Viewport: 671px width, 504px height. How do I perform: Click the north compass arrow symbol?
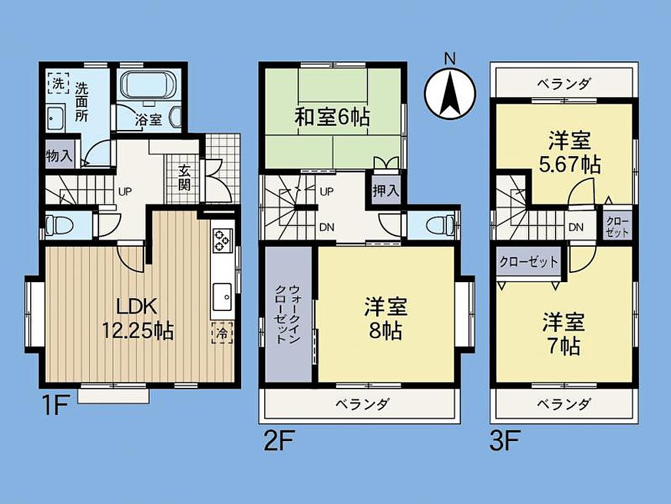tap(450, 93)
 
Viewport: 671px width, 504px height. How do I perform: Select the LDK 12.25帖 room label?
tap(138, 319)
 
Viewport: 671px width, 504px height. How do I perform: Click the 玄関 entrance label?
tap(184, 177)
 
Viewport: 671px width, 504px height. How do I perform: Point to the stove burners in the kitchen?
tap(221, 240)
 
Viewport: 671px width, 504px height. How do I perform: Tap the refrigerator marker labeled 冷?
tap(223, 333)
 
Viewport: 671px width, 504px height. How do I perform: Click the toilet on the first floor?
tap(58, 224)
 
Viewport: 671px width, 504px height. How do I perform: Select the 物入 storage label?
tap(59, 155)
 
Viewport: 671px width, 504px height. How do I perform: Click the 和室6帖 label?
tap(332, 117)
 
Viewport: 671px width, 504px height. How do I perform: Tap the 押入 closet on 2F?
tap(385, 190)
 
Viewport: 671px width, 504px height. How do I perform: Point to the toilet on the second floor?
tap(440, 224)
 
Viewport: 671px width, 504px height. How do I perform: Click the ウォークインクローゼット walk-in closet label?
tap(288, 313)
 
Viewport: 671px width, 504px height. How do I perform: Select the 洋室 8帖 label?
tap(385, 318)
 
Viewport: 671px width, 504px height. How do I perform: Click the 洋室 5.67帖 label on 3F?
tap(569, 152)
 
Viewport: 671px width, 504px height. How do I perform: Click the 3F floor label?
tap(504, 441)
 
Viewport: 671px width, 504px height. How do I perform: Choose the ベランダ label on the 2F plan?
tap(362, 404)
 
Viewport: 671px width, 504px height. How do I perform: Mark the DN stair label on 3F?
tap(576, 227)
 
